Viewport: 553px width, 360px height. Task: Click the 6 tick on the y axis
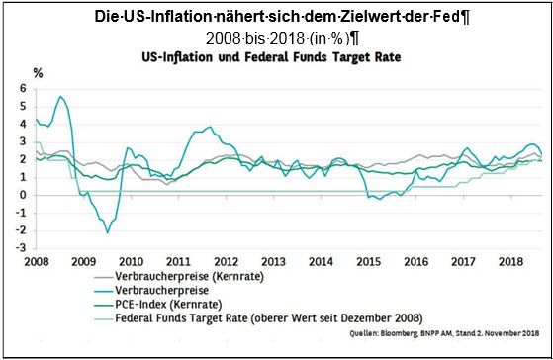[23, 89]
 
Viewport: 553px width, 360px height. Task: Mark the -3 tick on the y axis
[21, 247]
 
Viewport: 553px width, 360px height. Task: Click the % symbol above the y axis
[38, 72]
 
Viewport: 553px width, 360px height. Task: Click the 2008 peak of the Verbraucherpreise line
[61, 97]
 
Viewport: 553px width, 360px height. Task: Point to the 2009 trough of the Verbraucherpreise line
[107, 232]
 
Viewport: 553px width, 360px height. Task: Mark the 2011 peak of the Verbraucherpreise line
[209, 127]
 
